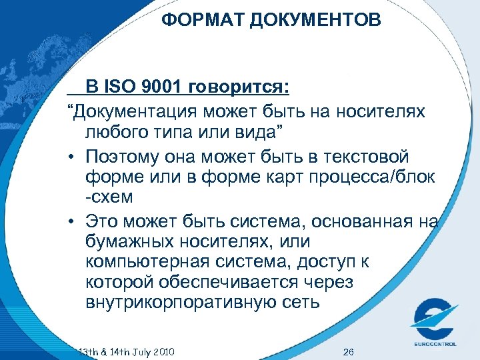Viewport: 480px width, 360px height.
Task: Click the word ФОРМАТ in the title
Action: [203, 21]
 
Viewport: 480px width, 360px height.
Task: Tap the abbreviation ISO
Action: [123, 87]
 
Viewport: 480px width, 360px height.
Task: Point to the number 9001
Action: [165, 87]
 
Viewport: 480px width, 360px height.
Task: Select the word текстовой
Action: [376, 156]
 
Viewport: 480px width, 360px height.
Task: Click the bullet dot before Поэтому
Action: [71, 156]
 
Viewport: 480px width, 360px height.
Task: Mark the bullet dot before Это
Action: [71, 219]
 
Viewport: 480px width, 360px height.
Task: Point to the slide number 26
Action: [347, 351]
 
